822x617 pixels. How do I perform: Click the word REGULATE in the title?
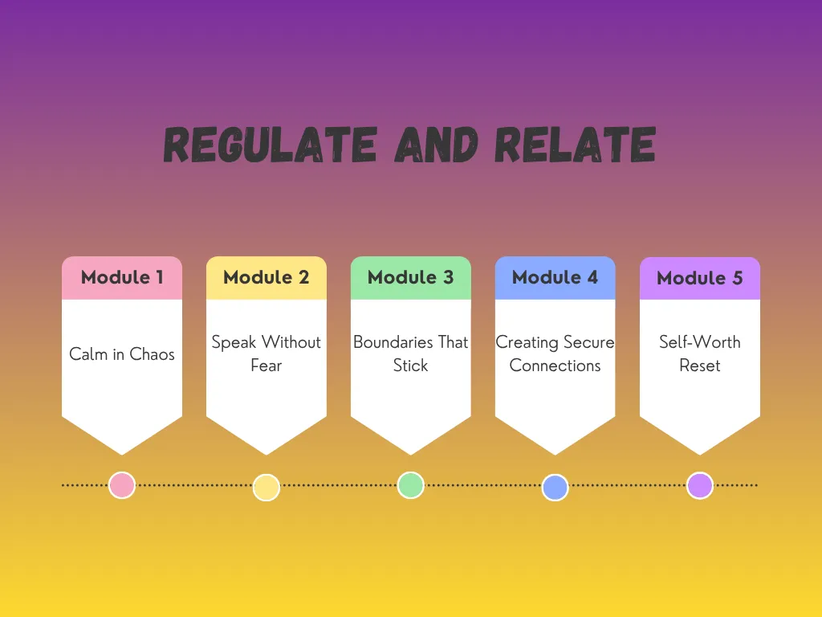(x=271, y=145)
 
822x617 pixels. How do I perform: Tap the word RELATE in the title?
(x=575, y=145)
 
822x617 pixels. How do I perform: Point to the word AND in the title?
(x=436, y=145)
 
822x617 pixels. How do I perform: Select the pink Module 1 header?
(x=122, y=277)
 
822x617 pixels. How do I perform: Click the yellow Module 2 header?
(x=267, y=277)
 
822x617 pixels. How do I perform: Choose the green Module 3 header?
(x=411, y=277)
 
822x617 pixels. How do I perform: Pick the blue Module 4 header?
(x=555, y=277)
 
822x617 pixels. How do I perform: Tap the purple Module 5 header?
(x=700, y=278)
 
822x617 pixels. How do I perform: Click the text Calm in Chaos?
(x=122, y=354)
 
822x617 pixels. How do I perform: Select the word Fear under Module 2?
(x=267, y=366)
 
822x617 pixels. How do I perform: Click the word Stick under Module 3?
(x=411, y=366)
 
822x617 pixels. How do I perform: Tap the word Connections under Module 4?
(x=555, y=366)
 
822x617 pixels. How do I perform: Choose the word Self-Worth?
(x=700, y=342)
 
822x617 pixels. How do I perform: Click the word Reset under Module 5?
(x=700, y=366)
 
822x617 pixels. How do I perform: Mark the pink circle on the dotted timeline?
(x=122, y=485)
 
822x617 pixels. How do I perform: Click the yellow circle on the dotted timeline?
(x=267, y=488)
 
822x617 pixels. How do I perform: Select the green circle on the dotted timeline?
(x=411, y=485)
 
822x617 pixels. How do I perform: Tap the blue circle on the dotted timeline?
(x=555, y=488)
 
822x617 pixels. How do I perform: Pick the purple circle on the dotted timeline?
(x=700, y=485)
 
